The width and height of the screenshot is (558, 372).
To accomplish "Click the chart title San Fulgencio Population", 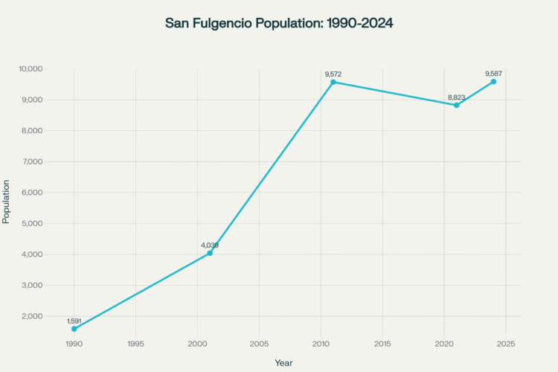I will pyautogui.click(x=279, y=24).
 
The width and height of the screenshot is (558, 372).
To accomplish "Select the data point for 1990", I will pyautogui.click(x=74, y=329).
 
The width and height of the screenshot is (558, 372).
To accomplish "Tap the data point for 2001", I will pyautogui.click(x=210, y=253).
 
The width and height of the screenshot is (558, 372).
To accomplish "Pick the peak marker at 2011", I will pyautogui.click(x=333, y=82).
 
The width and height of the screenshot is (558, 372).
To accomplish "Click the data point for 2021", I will pyautogui.click(x=457, y=105).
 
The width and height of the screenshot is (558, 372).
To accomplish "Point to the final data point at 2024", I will pyautogui.click(x=493, y=81).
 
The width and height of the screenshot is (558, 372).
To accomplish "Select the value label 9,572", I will pyautogui.click(x=333, y=74).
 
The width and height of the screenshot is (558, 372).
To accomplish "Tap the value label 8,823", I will pyautogui.click(x=457, y=97).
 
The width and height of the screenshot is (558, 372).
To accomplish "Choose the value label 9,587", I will pyautogui.click(x=493, y=74).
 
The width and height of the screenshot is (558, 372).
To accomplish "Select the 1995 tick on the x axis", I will pyautogui.click(x=135, y=344).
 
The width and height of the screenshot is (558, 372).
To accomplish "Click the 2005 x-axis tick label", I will pyautogui.click(x=259, y=344).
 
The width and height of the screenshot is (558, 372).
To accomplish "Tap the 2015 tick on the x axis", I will pyautogui.click(x=382, y=344).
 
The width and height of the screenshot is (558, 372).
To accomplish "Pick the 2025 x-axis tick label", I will pyautogui.click(x=506, y=344).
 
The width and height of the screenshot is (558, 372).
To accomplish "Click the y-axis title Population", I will pyautogui.click(x=7, y=201).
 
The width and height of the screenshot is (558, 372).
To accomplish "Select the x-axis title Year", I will pyautogui.click(x=283, y=362).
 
